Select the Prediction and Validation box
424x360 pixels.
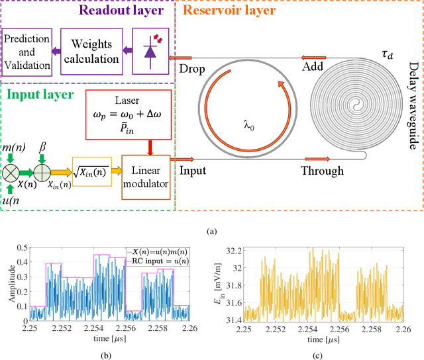(26, 52)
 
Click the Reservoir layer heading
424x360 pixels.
(230, 11)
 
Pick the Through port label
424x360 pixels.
(322, 171)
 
